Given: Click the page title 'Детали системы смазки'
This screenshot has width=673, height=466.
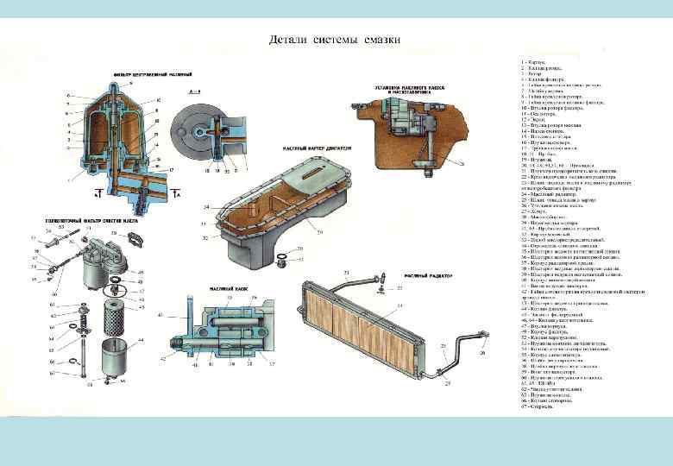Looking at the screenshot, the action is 334,40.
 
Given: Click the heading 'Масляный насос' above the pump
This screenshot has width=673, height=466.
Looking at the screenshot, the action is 227,287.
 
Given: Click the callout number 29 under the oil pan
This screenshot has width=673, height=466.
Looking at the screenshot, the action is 295,233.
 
